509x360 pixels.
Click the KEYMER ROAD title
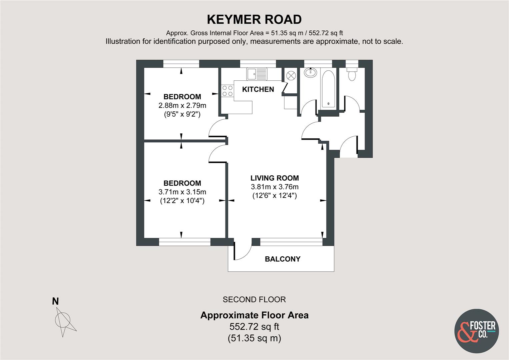(254, 20)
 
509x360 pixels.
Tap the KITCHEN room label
(258, 89)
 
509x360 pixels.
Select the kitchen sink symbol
(257, 74)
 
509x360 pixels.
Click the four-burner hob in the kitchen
(227, 91)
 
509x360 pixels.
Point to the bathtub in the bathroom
(328, 89)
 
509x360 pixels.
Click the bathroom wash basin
(311, 73)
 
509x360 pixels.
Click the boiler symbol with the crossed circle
(291, 75)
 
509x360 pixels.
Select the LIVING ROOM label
(275, 178)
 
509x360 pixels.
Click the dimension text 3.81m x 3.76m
(275, 187)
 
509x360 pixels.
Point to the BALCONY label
(283, 259)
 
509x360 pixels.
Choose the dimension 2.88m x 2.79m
(182, 106)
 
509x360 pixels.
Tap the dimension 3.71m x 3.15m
(182, 192)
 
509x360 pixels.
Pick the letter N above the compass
(55, 301)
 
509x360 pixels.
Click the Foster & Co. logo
(477, 331)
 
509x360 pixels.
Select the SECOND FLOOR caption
(254, 300)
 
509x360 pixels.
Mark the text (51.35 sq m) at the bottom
(254, 338)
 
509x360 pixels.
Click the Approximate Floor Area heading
(255, 315)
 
